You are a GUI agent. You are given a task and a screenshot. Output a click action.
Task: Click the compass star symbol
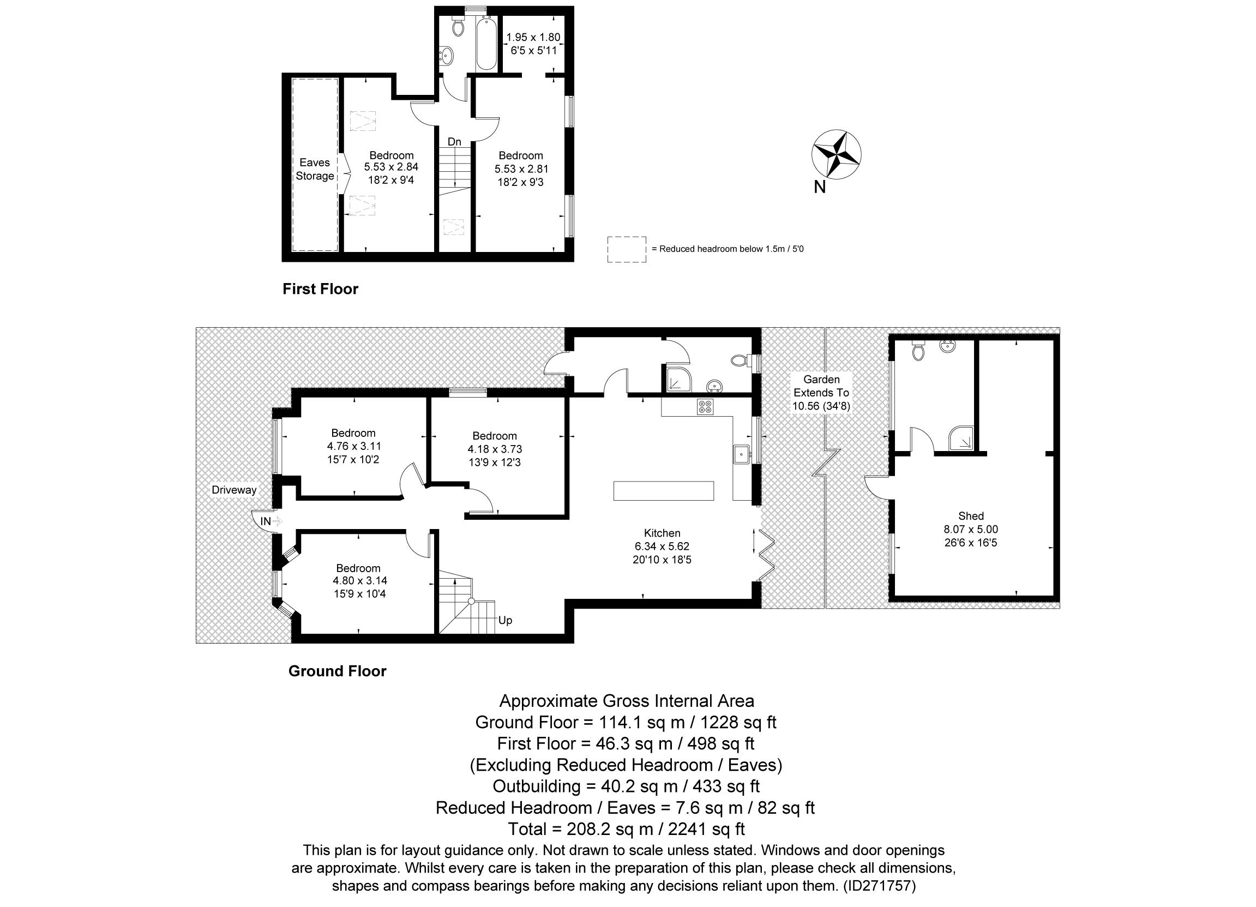pos(836,154)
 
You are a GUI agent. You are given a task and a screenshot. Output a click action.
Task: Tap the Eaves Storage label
pos(315,169)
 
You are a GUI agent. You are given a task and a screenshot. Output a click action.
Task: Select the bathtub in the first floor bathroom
pos(487,43)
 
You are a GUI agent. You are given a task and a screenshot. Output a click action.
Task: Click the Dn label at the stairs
pos(454,142)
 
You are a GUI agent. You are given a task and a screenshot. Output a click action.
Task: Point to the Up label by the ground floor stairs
pos(505,620)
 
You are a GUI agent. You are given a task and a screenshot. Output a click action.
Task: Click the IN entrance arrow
pos(278,521)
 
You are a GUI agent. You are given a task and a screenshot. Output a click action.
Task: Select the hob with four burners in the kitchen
pos(706,407)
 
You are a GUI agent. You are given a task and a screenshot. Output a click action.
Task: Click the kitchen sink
pos(741,454)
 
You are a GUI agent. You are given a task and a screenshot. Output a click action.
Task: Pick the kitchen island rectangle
pos(663,491)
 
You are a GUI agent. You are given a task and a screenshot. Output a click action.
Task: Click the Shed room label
pos(971,515)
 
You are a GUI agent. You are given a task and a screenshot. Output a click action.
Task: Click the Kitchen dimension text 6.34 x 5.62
pos(662,546)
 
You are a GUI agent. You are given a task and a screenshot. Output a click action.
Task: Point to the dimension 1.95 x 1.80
pos(533,37)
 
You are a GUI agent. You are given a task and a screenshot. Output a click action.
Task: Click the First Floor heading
pos(320,289)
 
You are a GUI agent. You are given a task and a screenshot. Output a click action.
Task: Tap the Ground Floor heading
pos(337,670)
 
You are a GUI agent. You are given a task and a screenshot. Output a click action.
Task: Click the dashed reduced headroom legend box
pos(626,249)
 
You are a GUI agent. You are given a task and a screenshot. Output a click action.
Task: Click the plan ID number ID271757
pos(880,885)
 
